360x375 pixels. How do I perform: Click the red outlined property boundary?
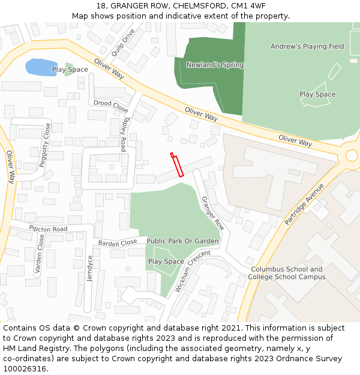[x=177, y=165]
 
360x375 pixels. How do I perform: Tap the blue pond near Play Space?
[x=41, y=67]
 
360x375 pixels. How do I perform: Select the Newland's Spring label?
[x=215, y=65]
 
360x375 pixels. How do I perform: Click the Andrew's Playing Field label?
[x=307, y=46]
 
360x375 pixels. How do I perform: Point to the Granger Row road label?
[x=212, y=214]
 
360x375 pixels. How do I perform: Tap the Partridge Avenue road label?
[x=304, y=204]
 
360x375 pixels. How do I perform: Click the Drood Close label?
[x=110, y=106]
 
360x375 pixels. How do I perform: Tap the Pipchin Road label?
[x=48, y=229]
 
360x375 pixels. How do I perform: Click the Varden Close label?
[x=40, y=254]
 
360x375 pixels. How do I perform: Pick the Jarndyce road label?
[x=90, y=269]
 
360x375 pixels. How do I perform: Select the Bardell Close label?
[x=118, y=243]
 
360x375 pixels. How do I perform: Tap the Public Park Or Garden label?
[x=183, y=241]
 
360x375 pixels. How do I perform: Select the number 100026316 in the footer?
[x=24, y=369]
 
